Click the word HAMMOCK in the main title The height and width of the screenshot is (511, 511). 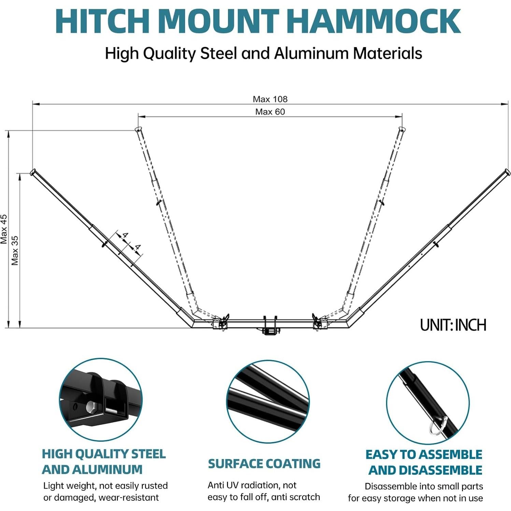(373, 21)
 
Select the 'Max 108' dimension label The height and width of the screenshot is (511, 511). (270, 99)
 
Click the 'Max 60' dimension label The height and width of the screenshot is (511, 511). (270, 112)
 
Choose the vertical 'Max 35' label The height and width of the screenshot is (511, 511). (15, 251)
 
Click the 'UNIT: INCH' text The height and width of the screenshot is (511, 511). (453, 325)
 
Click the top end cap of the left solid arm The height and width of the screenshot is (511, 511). (33, 172)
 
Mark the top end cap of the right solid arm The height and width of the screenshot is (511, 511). (507, 172)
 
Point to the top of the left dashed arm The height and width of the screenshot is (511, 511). (138, 130)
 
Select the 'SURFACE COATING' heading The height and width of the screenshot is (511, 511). (264, 464)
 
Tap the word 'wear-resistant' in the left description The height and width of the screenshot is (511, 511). (129, 497)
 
